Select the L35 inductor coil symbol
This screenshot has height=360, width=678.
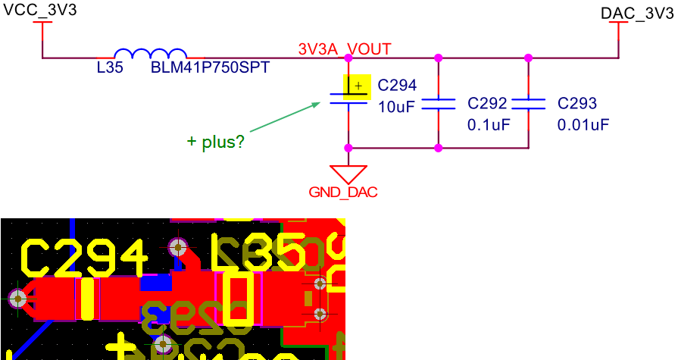click(150, 54)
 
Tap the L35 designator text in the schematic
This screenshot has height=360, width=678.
click(110, 68)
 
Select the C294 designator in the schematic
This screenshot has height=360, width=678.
click(397, 86)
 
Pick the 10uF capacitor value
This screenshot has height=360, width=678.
click(396, 107)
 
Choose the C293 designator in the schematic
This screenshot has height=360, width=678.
click(577, 104)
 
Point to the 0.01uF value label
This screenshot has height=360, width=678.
click(583, 124)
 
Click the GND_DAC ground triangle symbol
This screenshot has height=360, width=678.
click(348, 174)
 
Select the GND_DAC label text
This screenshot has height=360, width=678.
click(343, 193)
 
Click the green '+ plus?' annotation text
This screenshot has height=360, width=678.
click(216, 142)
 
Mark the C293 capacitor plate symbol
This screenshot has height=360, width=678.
click(529, 103)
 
